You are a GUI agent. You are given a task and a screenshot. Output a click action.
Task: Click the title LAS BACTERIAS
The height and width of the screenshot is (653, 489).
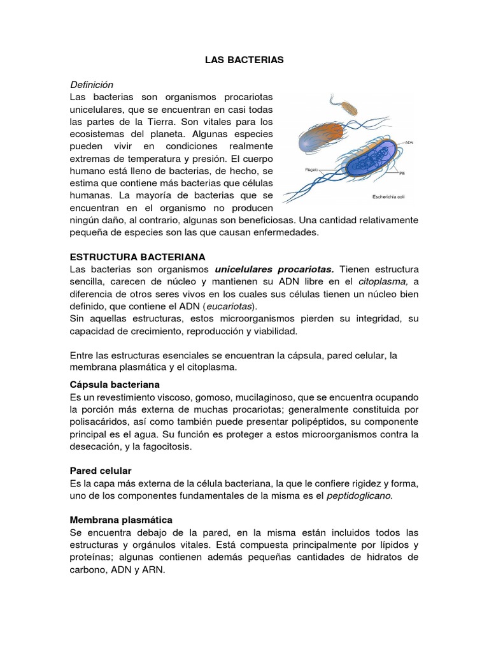(244, 59)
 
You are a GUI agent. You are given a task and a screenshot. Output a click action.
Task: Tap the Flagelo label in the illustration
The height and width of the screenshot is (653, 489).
(311, 170)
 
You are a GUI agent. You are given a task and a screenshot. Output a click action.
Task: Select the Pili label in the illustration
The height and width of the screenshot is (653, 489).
(402, 173)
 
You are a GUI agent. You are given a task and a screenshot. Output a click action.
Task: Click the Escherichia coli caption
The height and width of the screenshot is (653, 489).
(390, 196)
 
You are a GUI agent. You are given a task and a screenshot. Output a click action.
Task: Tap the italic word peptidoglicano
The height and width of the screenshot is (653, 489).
(359, 495)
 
